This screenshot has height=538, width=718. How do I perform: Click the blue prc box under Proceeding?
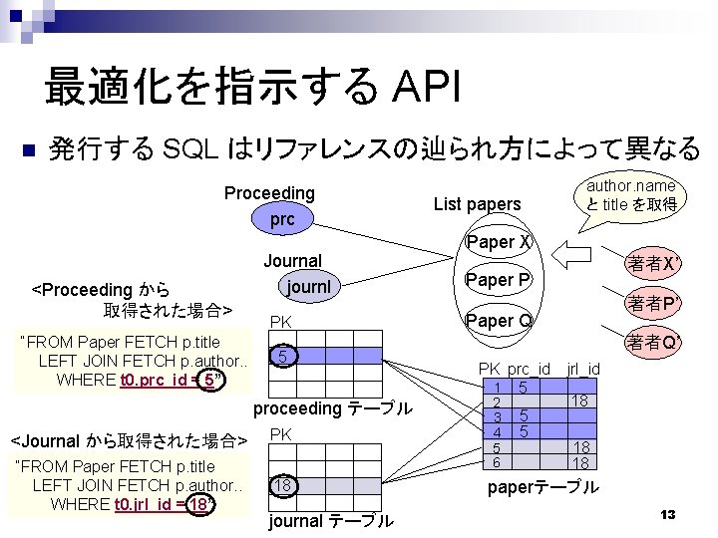click(283, 219)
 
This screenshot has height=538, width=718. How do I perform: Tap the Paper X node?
click(499, 242)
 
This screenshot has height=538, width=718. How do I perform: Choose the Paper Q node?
click(499, 320)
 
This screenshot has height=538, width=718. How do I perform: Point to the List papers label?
click(478, 204)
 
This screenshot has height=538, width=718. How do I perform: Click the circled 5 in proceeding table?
click(284, 356)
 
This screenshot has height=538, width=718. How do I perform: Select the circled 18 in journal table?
click(284, 485)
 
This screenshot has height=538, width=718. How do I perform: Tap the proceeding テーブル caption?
click(332, 408)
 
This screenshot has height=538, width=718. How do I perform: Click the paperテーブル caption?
click(543, 487)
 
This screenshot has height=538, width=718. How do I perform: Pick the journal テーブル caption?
click(331, 521)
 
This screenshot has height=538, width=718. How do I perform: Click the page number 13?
click(668, 514)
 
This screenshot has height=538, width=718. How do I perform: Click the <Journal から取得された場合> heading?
click(128, 439)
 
